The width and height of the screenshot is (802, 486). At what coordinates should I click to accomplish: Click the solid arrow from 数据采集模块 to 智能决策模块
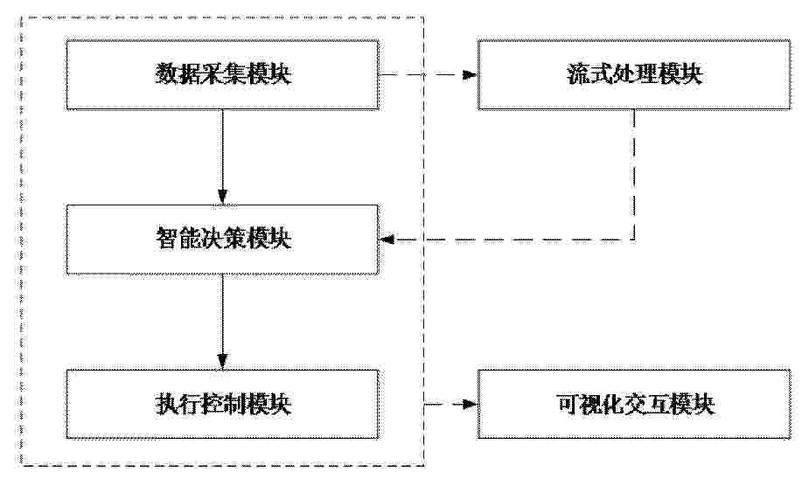[222, 156]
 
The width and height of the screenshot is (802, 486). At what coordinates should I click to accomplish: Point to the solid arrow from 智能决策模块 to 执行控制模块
[222, 322]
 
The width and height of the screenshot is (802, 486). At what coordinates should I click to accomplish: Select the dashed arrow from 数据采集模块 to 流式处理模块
[428, 74]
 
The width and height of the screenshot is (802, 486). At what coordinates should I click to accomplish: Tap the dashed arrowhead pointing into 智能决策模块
[387, 240]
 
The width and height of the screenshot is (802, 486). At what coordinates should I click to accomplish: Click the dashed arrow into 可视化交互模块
[451, 404]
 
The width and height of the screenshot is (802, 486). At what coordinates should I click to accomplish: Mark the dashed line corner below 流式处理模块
[634, 240]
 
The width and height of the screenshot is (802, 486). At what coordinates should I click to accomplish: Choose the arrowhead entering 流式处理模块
[470, 74]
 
